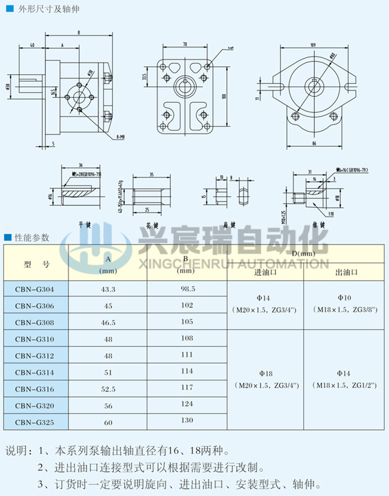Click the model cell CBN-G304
(x=34, y=289)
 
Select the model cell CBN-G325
(x=34, y=423)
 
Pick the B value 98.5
(x=187, y=289)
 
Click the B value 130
(x=187, y=420)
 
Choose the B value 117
(x=187, y=387)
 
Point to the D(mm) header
(x=304, y=254)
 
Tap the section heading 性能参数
(x=32, y=237)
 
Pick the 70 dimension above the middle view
(x=185, y=44)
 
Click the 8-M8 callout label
(x=120, y=136)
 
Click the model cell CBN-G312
(x=34, y=356)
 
